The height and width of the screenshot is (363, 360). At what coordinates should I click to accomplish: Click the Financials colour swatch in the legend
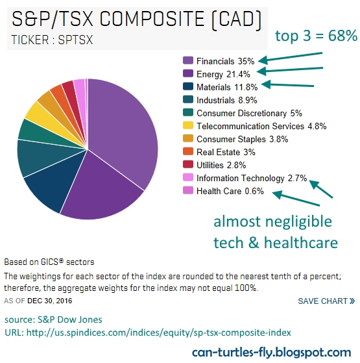point(187,60)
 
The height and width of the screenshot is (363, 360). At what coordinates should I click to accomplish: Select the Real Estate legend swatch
point(187,151)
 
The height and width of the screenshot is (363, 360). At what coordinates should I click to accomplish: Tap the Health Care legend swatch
point(187,190)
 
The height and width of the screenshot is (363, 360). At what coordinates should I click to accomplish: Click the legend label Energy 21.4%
point(223,74)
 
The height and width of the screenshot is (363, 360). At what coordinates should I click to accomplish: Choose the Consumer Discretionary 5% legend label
point(249,113)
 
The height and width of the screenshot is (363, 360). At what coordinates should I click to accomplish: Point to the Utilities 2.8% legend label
point(221,165)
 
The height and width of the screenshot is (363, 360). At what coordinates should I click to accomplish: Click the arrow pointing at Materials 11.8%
point(287,84)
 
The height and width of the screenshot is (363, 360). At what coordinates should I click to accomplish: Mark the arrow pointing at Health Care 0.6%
point(296,198)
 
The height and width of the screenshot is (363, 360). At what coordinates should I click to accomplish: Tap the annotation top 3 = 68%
point(317,36)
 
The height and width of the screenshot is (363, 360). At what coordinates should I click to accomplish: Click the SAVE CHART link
point(326,301)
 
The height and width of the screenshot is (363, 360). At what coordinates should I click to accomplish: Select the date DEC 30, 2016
point(50,301)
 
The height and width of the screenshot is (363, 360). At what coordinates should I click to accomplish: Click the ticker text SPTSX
point(75,40)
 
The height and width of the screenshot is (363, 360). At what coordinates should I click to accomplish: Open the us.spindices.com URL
point(159,332)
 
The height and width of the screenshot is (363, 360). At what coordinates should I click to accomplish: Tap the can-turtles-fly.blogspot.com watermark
point(271,353)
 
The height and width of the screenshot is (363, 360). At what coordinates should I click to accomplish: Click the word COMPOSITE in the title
point(152,19)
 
